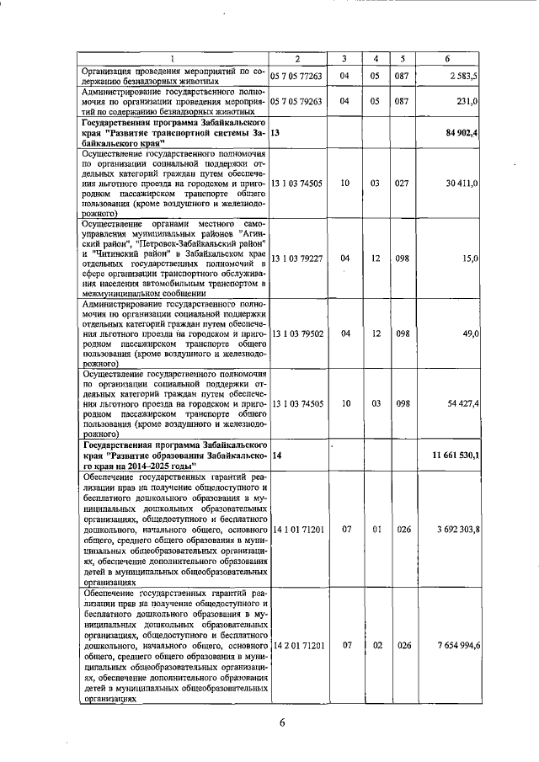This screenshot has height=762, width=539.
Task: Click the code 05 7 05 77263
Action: pyautogui.click(x=297, y=76)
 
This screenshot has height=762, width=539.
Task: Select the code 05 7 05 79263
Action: pyautogui.click(x=297, y=101)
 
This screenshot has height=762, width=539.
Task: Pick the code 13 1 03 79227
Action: pyautogui.click(x=297, y=258)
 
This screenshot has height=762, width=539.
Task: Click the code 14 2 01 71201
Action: pyautogui.click(x=297, y=645)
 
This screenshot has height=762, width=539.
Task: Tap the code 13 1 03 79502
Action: pyautogui.click(x=297, y=334)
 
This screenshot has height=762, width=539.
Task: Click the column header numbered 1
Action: pyautogui.click(x=172, y=58)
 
